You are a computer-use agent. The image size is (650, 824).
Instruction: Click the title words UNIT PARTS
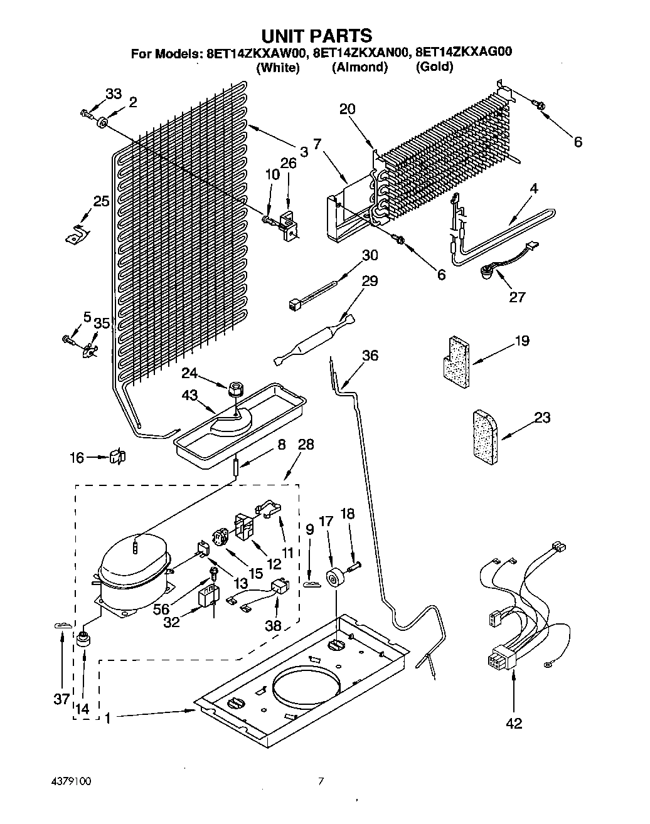click(x=317, y=36)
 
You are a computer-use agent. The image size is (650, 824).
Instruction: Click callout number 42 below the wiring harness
click(x=514, y=723)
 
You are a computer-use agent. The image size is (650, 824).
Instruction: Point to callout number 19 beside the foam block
click(x=523, y=340)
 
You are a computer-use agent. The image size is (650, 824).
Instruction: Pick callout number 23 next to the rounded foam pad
click(x=542, y=417)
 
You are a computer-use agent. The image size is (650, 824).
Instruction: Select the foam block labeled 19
click(x=456, y=362)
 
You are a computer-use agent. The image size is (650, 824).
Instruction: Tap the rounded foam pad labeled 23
click(x=485, y=437)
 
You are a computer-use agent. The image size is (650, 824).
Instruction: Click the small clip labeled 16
click(x=118, y=457)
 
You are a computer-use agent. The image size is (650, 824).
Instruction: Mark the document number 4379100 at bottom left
click(x=72, y=781)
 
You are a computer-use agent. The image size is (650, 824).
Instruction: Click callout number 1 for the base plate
click(x=108, y=719)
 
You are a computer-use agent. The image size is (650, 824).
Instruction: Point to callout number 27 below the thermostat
click(x=517, y=297)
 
